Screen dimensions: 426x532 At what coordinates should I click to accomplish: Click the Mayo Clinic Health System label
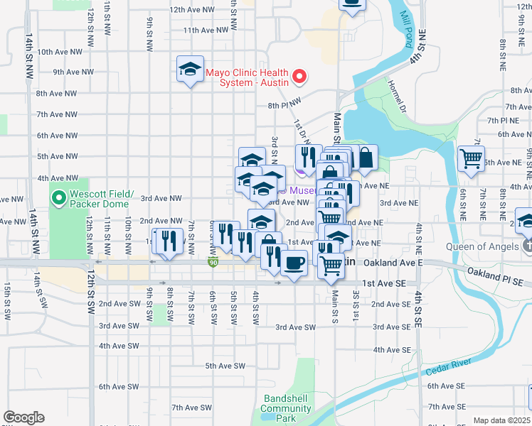pos(247,77)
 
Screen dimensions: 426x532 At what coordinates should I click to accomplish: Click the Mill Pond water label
pos(406,29)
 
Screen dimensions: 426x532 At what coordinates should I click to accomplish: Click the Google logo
pos(23,417)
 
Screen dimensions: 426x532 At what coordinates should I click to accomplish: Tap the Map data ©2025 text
pos(501,420)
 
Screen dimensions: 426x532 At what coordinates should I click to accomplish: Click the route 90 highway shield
pos(212,263)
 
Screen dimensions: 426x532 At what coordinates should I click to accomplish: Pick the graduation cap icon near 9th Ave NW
pos(190,69)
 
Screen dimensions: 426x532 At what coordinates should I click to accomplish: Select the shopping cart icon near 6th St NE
pos(471,158)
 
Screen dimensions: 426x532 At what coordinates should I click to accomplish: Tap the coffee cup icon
pos(292,264)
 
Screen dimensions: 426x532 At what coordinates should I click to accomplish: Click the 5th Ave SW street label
pos(225,366)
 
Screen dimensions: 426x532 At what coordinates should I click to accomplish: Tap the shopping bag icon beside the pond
pos(364,158)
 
